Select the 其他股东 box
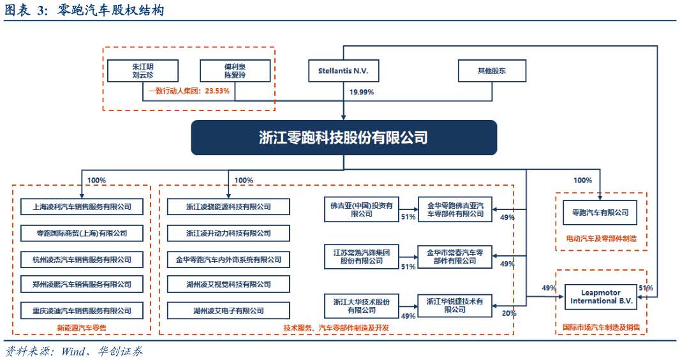coord(491,71)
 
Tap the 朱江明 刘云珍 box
coord(142,71)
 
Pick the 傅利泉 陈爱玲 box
coord(235,71)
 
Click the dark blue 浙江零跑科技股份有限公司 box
coord(344,137)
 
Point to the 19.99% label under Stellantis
coord(362,93)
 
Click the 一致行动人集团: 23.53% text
coord(189,91)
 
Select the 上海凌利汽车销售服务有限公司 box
coord(82,207)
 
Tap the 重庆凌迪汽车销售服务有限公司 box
coord(82,311)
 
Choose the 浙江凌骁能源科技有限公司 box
coord(228,207)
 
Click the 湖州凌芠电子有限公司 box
coord(228,311)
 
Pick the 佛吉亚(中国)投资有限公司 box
coord(362,209)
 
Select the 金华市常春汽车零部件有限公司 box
coord(455,256)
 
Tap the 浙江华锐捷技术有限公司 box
coord(455,305)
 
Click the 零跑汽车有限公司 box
coord(600,213)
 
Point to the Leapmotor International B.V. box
coord(600,297)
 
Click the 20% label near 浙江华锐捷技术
coord(508,313)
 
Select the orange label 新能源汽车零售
coord(82,328)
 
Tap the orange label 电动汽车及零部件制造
coord(601,239)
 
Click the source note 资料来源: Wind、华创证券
coord(75,351)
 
